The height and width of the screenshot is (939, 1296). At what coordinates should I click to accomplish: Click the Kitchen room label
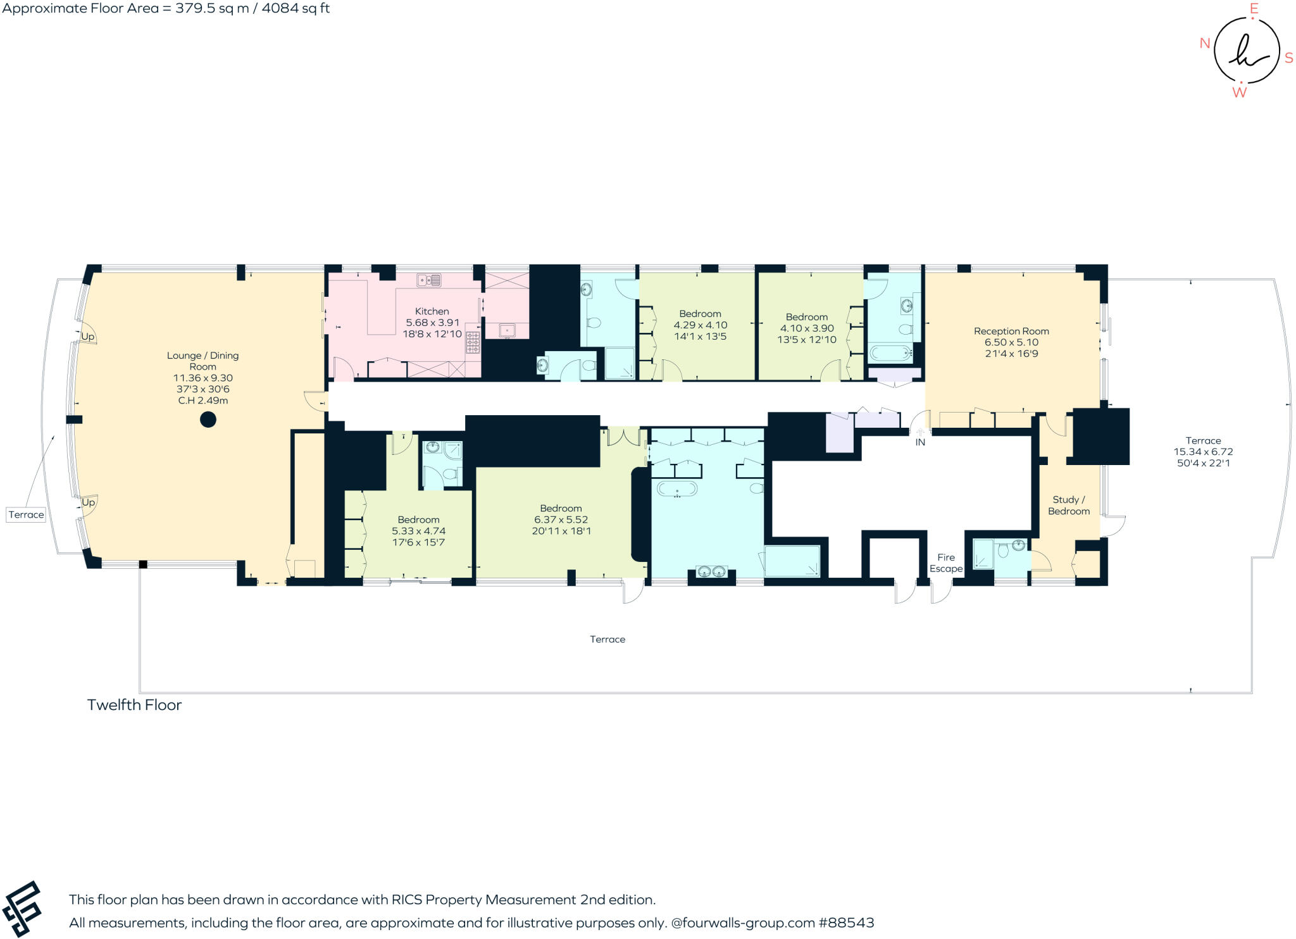tap(432, 311)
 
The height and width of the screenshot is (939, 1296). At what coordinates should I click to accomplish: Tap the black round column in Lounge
tap(208, 419)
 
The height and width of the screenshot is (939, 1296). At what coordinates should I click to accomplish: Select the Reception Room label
tap(1011, 331)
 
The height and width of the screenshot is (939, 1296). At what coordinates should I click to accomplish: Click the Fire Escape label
tap(946, 563)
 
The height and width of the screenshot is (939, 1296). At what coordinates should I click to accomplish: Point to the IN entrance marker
tap(920, 442)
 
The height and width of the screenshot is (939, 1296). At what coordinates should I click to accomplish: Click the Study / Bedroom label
tap(1069, 505)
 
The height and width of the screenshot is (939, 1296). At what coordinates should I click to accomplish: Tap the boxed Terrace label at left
tap(26, 514)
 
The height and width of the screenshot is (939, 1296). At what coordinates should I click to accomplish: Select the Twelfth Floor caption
tap(134, 705)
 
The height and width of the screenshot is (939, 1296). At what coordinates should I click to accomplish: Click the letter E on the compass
tap(1254, 9)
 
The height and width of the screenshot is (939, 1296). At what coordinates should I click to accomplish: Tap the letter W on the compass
tap(1239, 92)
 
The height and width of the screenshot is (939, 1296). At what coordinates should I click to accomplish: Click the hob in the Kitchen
tap(473, 342)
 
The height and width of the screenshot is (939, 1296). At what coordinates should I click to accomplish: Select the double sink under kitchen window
tap(429, 280)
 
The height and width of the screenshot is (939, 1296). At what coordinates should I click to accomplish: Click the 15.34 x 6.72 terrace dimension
tap(1203, 452)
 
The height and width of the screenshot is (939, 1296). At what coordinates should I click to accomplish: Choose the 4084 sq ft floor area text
tap(295, 8)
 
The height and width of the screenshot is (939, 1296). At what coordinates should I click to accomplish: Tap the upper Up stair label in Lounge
tap(88, 337)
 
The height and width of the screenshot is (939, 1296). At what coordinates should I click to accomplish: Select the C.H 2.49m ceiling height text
tap(202, 401)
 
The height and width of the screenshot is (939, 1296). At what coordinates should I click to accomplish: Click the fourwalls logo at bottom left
tap(22, 909)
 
